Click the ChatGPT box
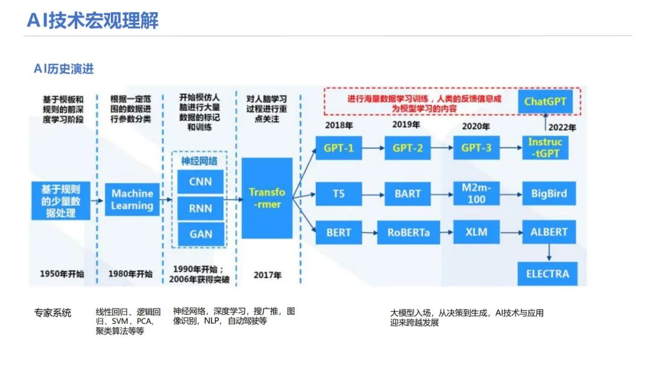pos(545,101)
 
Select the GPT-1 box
pos(338,147)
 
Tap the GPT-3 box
pos(476,147)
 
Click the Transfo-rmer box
pos(267,198)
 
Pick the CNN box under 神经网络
pos(200,181)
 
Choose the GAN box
pos(200,234)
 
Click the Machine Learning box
pos(132,200)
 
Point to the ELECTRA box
pos(547,274)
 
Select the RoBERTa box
pos(408,232)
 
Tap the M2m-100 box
pos(476,194)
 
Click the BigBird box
pos(549,194)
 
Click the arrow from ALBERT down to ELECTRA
pos(548,252)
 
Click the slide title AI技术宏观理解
pos(92,20)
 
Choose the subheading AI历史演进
pos(64,69)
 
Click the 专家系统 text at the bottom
pos(52,313)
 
